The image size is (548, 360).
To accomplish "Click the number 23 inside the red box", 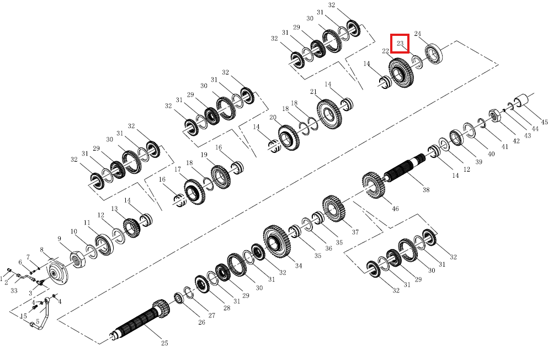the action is pyautogui.click(x=400, y=43).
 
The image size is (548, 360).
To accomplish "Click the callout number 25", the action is pyautogui.click(x=164, y=343).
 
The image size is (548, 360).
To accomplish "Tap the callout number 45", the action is pyautogui.click(x=544, y=122).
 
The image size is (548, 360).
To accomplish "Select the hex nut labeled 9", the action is pyautogui.click(x=78, y=260).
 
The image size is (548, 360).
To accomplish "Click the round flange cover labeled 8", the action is pyautogui.click(x=57, y=272).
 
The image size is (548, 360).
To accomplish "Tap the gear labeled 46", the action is pyautogui.click(x=374, y=185).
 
